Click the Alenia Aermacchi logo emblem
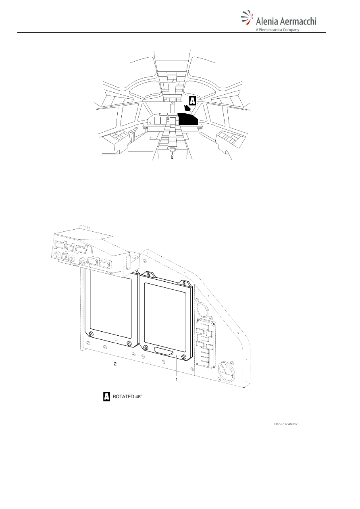coord(247,17)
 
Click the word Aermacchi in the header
coord(298,21)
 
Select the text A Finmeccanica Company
coord(277,29)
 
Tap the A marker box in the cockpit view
coord(192,101)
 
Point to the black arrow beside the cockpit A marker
coord(187,108)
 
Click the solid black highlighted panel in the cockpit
coord(187,119)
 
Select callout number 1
coord(176,379)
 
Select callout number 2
coord(115,364)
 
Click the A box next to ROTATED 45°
coord(106,397)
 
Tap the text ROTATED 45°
coord(127,397)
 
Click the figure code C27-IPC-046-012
coord(286,424)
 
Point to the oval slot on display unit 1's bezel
coord(163,350)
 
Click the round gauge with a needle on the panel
coord(227,372)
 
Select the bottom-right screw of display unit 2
coord(129,343)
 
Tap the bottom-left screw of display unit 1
coord(145,347)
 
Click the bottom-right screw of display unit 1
coord(184,357)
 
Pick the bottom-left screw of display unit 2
coord(91,334)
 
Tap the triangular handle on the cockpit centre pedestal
coord(173,150)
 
